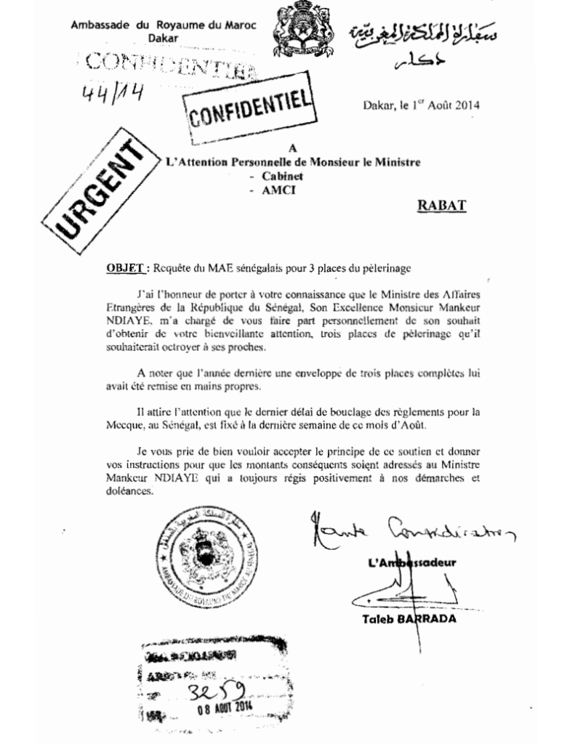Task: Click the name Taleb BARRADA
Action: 409,619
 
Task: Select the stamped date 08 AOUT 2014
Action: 222,706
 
